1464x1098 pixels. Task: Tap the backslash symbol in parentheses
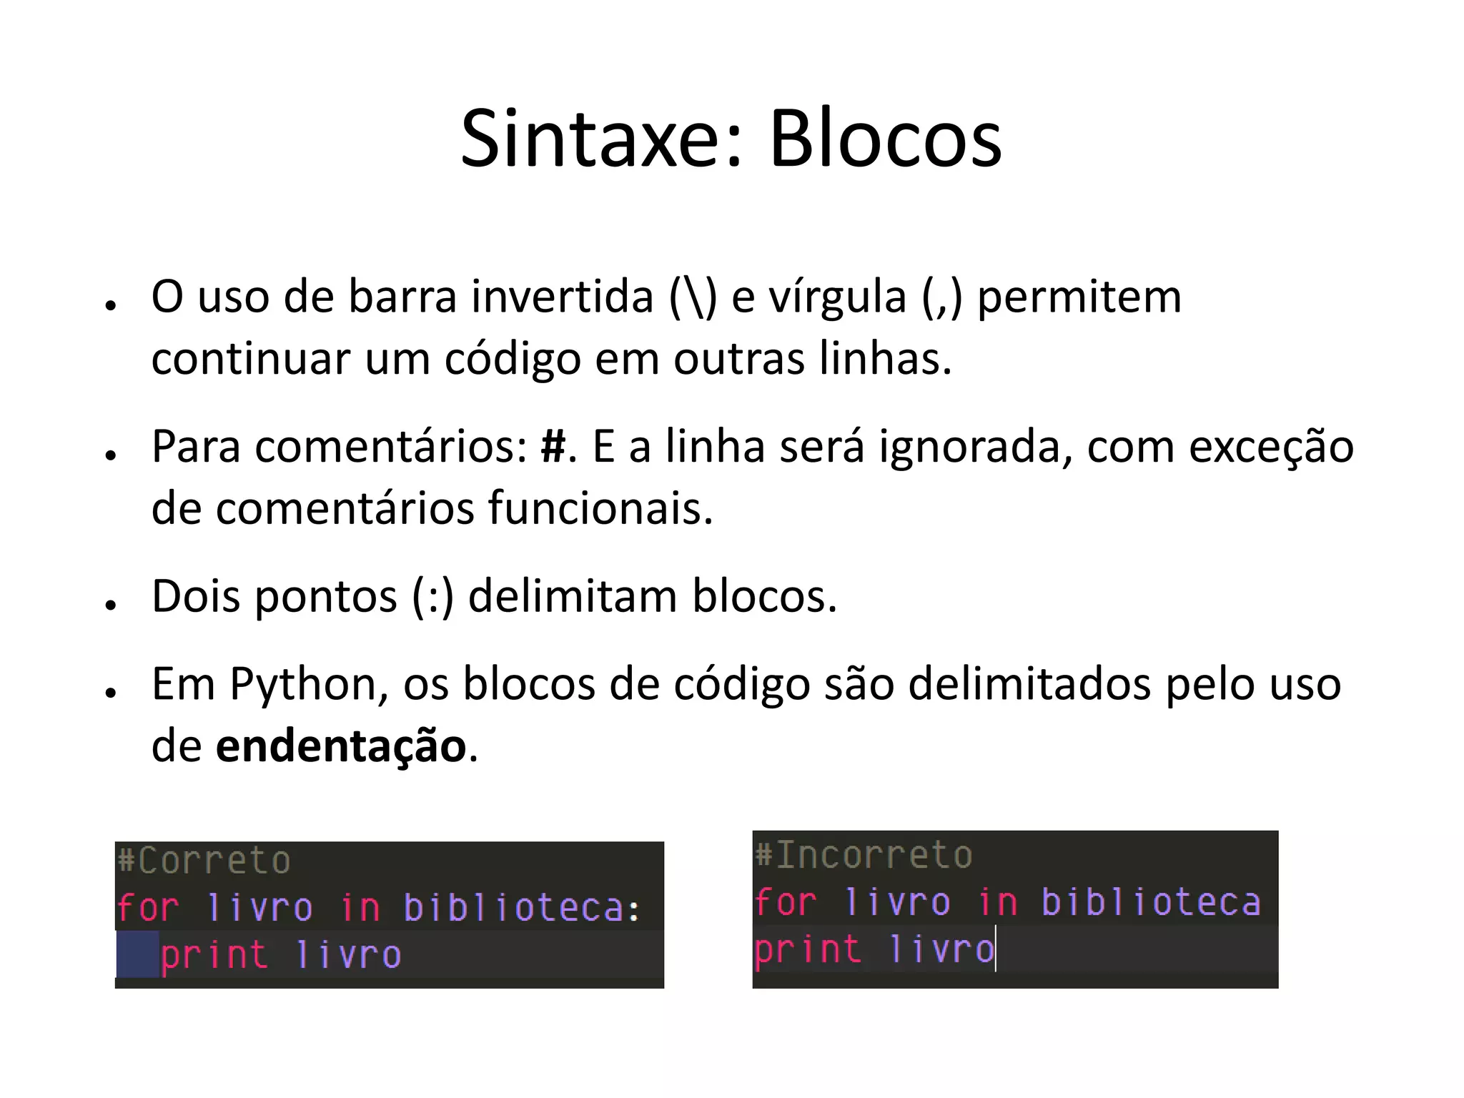click(693, 297)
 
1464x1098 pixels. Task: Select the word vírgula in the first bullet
click(837, 297)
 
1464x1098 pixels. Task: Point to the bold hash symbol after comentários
click(553, 447)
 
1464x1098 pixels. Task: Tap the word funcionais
click(600, 508)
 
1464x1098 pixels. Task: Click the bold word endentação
click(341, 747)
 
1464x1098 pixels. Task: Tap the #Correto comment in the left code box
click(204, 860)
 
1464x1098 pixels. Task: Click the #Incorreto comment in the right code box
click(864, 855)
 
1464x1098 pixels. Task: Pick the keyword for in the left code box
click(148, 908)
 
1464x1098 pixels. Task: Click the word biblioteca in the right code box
click(1151, 902)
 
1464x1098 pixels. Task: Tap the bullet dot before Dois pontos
click(110, 605)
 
